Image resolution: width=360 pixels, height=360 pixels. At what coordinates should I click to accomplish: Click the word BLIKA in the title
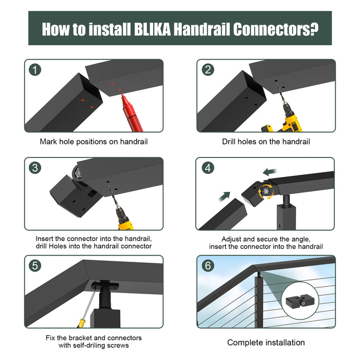152,29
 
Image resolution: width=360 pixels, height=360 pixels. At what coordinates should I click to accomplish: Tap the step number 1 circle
35,70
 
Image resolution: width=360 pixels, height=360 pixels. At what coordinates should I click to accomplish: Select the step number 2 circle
208,70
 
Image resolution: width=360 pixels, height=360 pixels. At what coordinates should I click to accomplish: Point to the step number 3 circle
35,168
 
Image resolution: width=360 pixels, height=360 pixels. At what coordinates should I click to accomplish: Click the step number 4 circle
208,168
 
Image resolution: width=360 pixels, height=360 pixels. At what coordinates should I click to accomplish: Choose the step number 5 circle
35,266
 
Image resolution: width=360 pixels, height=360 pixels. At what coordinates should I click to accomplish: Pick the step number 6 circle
208,266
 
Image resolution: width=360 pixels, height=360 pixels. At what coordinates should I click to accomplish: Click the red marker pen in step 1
131,113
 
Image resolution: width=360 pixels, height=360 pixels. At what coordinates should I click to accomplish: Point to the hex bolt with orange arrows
266,191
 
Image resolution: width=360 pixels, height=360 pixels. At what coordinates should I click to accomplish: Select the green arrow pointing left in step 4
270,171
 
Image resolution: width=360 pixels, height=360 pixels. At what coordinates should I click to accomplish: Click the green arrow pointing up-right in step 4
225,196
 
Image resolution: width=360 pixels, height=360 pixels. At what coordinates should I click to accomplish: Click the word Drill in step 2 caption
229,141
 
